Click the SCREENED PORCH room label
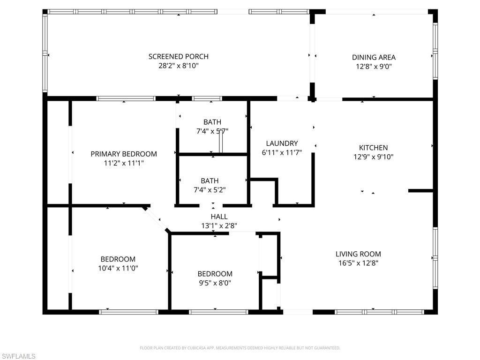[x=178, y=57]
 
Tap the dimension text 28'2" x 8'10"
[x=178, y=66]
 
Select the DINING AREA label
[x=374, y=57]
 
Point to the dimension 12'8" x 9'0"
[x=374, y=67]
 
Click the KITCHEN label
[x=373, y=148]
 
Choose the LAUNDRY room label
[x=282, y=143]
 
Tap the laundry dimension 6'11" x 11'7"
[x=282, y=153]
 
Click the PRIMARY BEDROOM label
[x=124, y=154]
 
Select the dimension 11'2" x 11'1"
[x=124, y=163]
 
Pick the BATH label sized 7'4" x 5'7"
[x=212, y=122]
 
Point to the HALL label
[x=219, y=217]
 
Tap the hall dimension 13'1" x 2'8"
[x=219, y=225]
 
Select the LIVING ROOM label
[x=358, y=254]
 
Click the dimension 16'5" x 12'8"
[x=358, y=263]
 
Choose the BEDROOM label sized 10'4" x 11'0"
[x=118, y=259]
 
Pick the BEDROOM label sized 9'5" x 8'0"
[x=215, y=274]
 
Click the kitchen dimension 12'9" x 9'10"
[x=373, y=157]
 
